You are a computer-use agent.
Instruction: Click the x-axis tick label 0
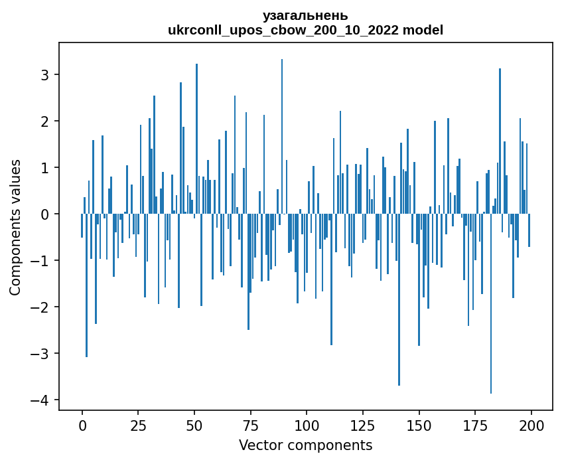coord(82,425)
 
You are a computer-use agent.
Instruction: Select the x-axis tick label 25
coord(138,425)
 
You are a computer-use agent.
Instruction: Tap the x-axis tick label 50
coord(194,425)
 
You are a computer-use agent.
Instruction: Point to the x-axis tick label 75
coord(250,425)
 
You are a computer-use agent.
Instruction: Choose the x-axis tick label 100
coord(307,425)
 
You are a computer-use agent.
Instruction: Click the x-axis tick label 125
coord(362,425)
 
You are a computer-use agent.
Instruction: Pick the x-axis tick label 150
coord(419,425)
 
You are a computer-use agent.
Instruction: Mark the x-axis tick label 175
coord(474,425)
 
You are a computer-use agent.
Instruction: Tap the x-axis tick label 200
coord(531,425)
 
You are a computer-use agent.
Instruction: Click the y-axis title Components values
coord(15,227)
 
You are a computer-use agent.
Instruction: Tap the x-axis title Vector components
coord(306,445)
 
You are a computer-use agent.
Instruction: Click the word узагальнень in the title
coord(305,15)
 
